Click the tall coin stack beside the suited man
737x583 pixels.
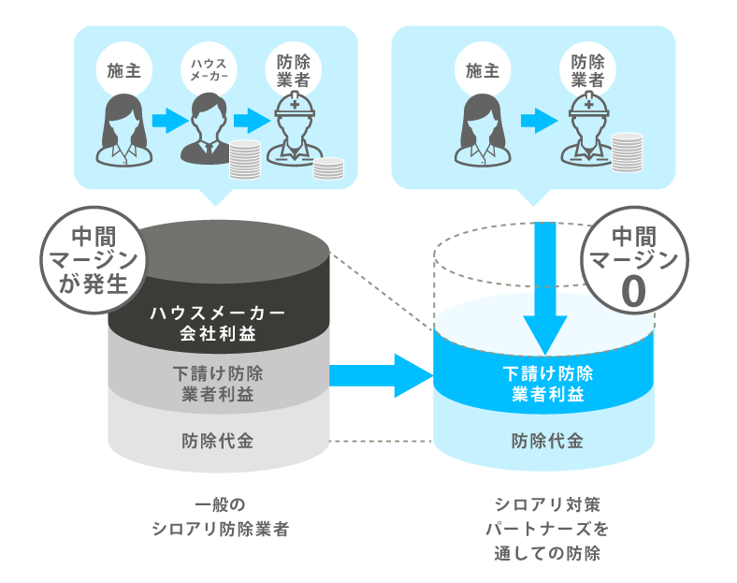click(x=244, y=159)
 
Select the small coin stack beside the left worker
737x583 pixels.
click(x=328, y=168)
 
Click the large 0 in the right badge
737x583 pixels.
click(x=633, y=292)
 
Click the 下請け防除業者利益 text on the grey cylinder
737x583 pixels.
click(x=218, y=383)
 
